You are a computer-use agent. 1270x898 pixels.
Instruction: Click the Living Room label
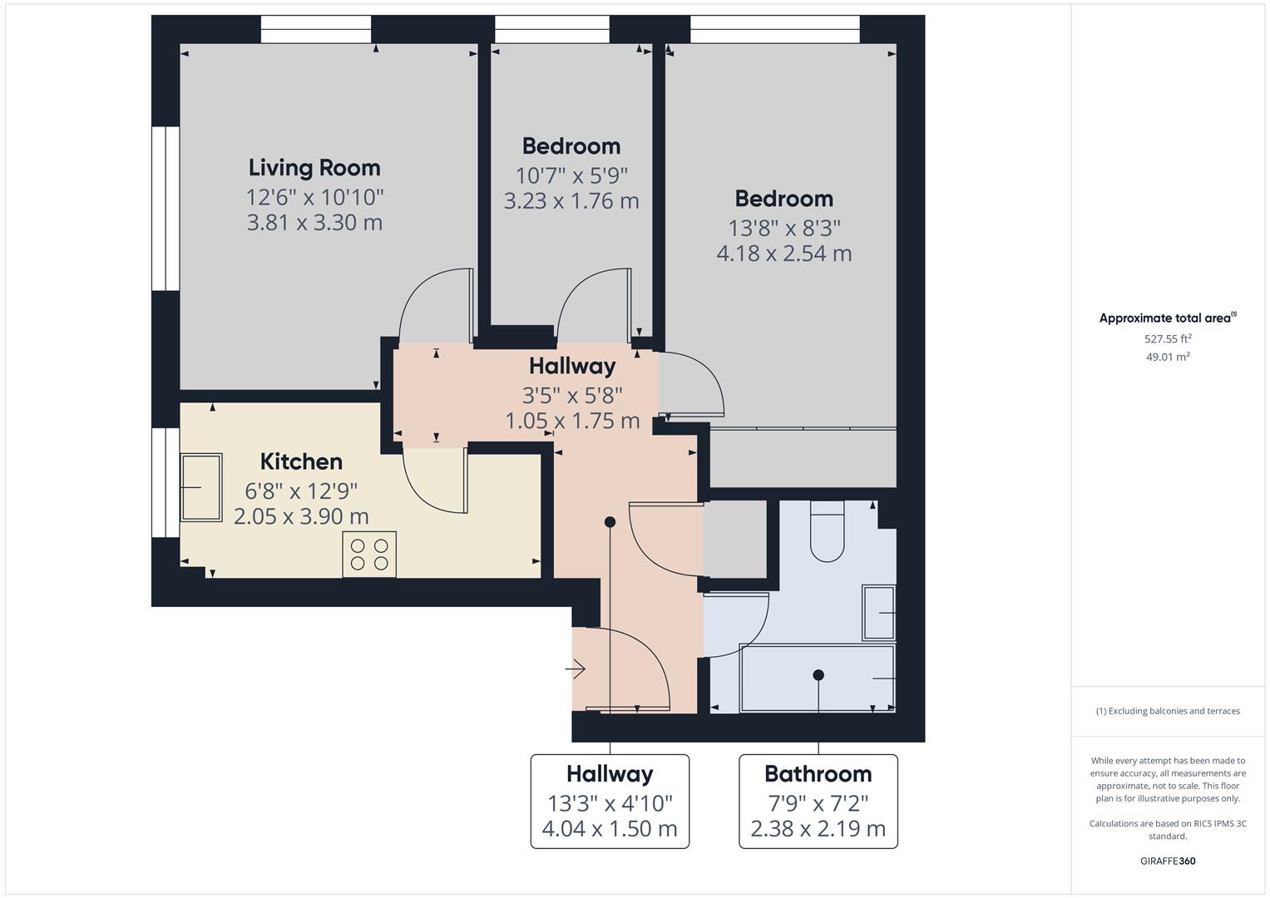[x=314, y=168]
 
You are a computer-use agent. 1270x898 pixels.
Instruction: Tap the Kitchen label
[x=301, y=461]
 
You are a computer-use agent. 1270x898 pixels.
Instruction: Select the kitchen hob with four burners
[x=369, y=555]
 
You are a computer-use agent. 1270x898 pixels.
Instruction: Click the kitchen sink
[x=201, y=487]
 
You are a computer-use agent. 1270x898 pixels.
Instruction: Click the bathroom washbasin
[x=879, y=613]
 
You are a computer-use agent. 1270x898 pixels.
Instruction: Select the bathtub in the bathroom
[x=818, y=678]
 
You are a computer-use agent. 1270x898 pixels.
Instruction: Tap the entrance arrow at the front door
[x=575, y=669]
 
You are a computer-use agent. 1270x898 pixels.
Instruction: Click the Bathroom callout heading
[x=818, y=774]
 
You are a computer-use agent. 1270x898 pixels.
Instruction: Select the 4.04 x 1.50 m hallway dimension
[x=610, y=829]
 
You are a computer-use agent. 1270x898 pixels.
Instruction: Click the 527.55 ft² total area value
[x=1168, y=338]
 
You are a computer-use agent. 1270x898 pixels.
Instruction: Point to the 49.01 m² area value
[x=1168, y=357]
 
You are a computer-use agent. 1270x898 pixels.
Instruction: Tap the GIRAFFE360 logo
[x=1168, y=861]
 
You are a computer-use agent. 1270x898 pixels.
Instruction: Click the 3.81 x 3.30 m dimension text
[x=314, y=222]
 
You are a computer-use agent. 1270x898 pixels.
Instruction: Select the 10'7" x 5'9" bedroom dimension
[x=571, y=175]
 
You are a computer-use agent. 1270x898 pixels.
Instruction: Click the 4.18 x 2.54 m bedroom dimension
[x=784, y=254]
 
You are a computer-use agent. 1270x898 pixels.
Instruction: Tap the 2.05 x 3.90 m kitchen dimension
[x=301, y=516]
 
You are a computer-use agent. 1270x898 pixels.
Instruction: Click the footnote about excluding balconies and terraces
[x=1168, y=711]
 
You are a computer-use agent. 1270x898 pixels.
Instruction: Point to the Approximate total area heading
[x=1168, y=318]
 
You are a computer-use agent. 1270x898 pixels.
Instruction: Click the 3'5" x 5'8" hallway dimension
[x=572, y=395]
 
